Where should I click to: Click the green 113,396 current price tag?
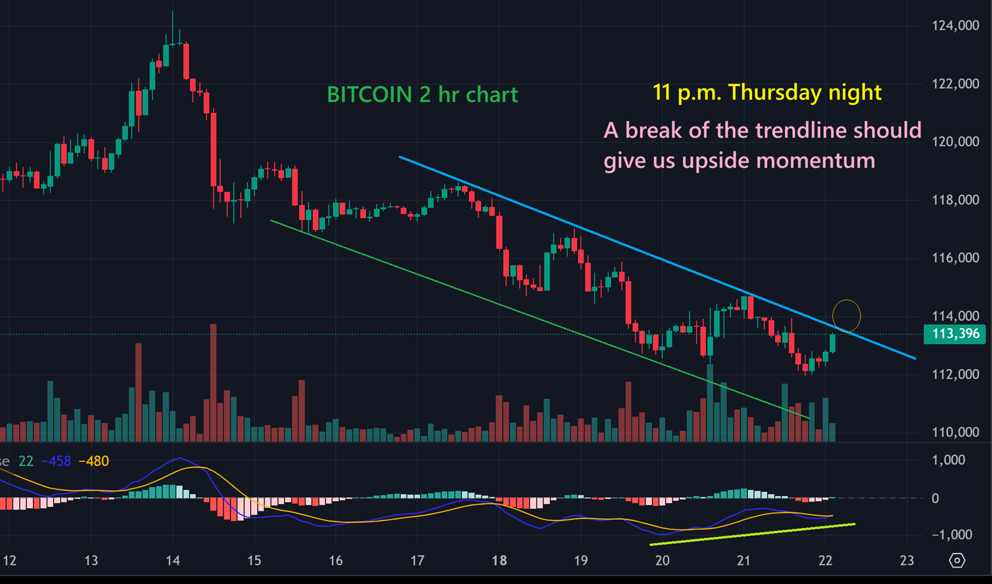pyautogui.click(x=955, y=334)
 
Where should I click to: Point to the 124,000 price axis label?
pyautogui.click(x=955, y=26)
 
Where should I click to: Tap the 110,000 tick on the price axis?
pyautogui.click(x=955, y=432)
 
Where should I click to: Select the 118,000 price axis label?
pyautogui.click(x=955, y=200)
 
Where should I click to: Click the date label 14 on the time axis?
pyautogui.click(x=172, y=561)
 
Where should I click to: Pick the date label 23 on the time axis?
pyautogui.click(x=907, y=561)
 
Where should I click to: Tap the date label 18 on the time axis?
pyautogui.click(x=499, y=561)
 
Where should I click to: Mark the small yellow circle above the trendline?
pyautogui.click(x=847, y=315)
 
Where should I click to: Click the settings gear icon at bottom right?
pyautogui.click(x=957, y=560)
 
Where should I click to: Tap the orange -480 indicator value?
pyautogui.click(x=94, y=461)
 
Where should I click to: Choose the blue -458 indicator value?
pyautogui.click(x=56, y=461)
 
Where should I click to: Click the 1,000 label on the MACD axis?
pyautogui.click(x=949, y=460)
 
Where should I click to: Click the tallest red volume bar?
pyautogui.click(x=213, y=382)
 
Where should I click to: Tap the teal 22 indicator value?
pyautogui.click(x=26, y=461)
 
